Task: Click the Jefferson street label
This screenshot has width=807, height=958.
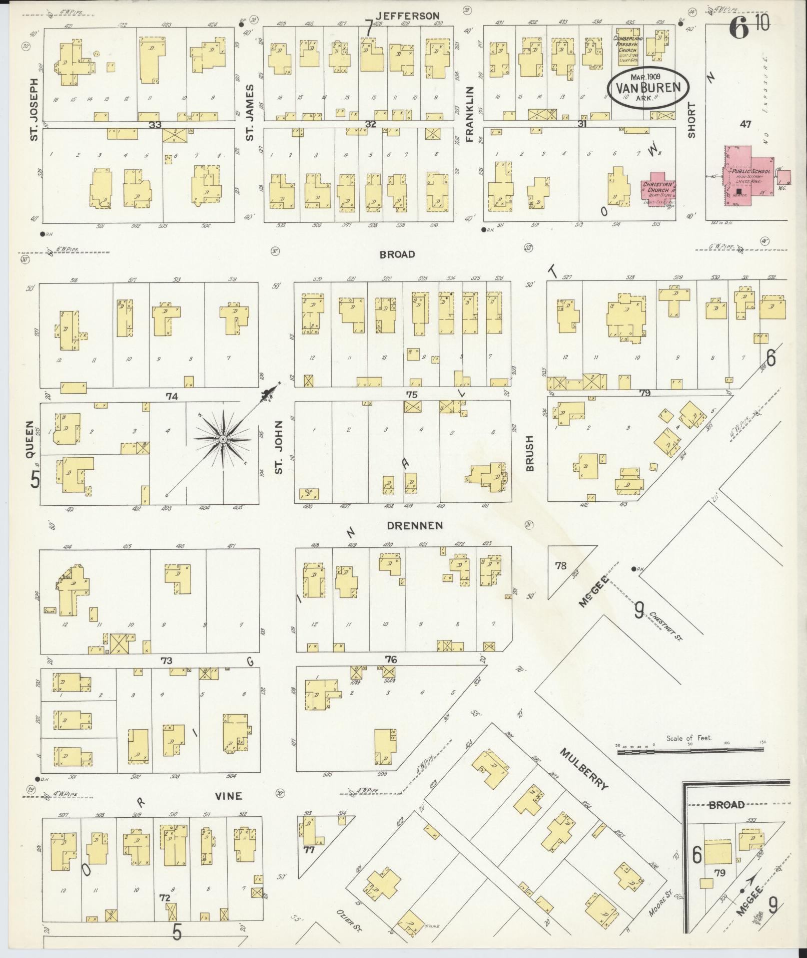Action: pyautogui.click(x=415, y=16)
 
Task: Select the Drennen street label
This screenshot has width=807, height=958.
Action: pyautogui.click(x=415, y=525)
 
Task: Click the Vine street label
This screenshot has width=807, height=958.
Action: pyautogui.click(x=228, y=796)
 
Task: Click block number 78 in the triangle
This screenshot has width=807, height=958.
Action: pyautogui.click(x=561, y=565)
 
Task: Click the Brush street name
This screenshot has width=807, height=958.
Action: pyautogui.click(x=530, y=453)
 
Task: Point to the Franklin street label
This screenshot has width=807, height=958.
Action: pyautogui.click(x=469, y=114)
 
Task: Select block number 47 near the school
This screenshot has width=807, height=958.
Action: pyautogui.click(x=745, y=124)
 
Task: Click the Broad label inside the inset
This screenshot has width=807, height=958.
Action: pyautogui.click(x=726, y=805)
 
